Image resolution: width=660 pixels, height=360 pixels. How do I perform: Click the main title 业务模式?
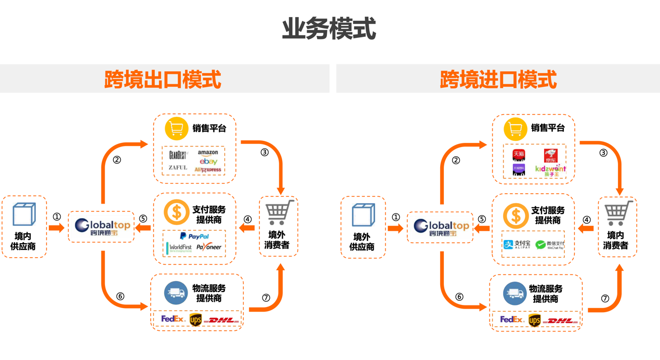click(329, 29)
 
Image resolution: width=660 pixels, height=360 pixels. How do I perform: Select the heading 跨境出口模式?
click(163, 79)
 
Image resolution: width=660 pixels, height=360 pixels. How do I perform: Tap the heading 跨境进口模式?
click(498, 79)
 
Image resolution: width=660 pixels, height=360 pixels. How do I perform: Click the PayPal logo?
click(194, 236)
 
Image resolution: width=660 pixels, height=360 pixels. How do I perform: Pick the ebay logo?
click(208, 162)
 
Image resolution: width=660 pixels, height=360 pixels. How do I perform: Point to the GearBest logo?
click(178, 155)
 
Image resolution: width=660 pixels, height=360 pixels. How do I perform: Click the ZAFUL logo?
click(178, 168)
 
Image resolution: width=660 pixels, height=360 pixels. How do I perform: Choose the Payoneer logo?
click(209, 247)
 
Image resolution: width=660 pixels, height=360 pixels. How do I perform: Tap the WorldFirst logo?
click(179, 248)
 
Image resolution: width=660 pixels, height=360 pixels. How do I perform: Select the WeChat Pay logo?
click(549, 244)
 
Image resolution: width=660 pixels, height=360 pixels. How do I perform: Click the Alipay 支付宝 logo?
click(517, 244)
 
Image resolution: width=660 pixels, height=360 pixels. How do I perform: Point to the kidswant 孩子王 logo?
click(550, 170)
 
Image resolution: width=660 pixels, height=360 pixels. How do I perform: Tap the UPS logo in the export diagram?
click(195, 319)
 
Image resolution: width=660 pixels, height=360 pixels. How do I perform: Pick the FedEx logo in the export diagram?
click(173, 319)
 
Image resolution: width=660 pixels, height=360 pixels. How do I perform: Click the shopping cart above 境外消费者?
click(279, 212)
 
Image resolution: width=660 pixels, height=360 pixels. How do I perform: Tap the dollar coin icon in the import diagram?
click(516, 216)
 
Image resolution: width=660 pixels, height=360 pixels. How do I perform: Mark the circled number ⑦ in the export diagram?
click(266, 298)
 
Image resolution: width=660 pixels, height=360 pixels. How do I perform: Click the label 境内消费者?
click(616, 240)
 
